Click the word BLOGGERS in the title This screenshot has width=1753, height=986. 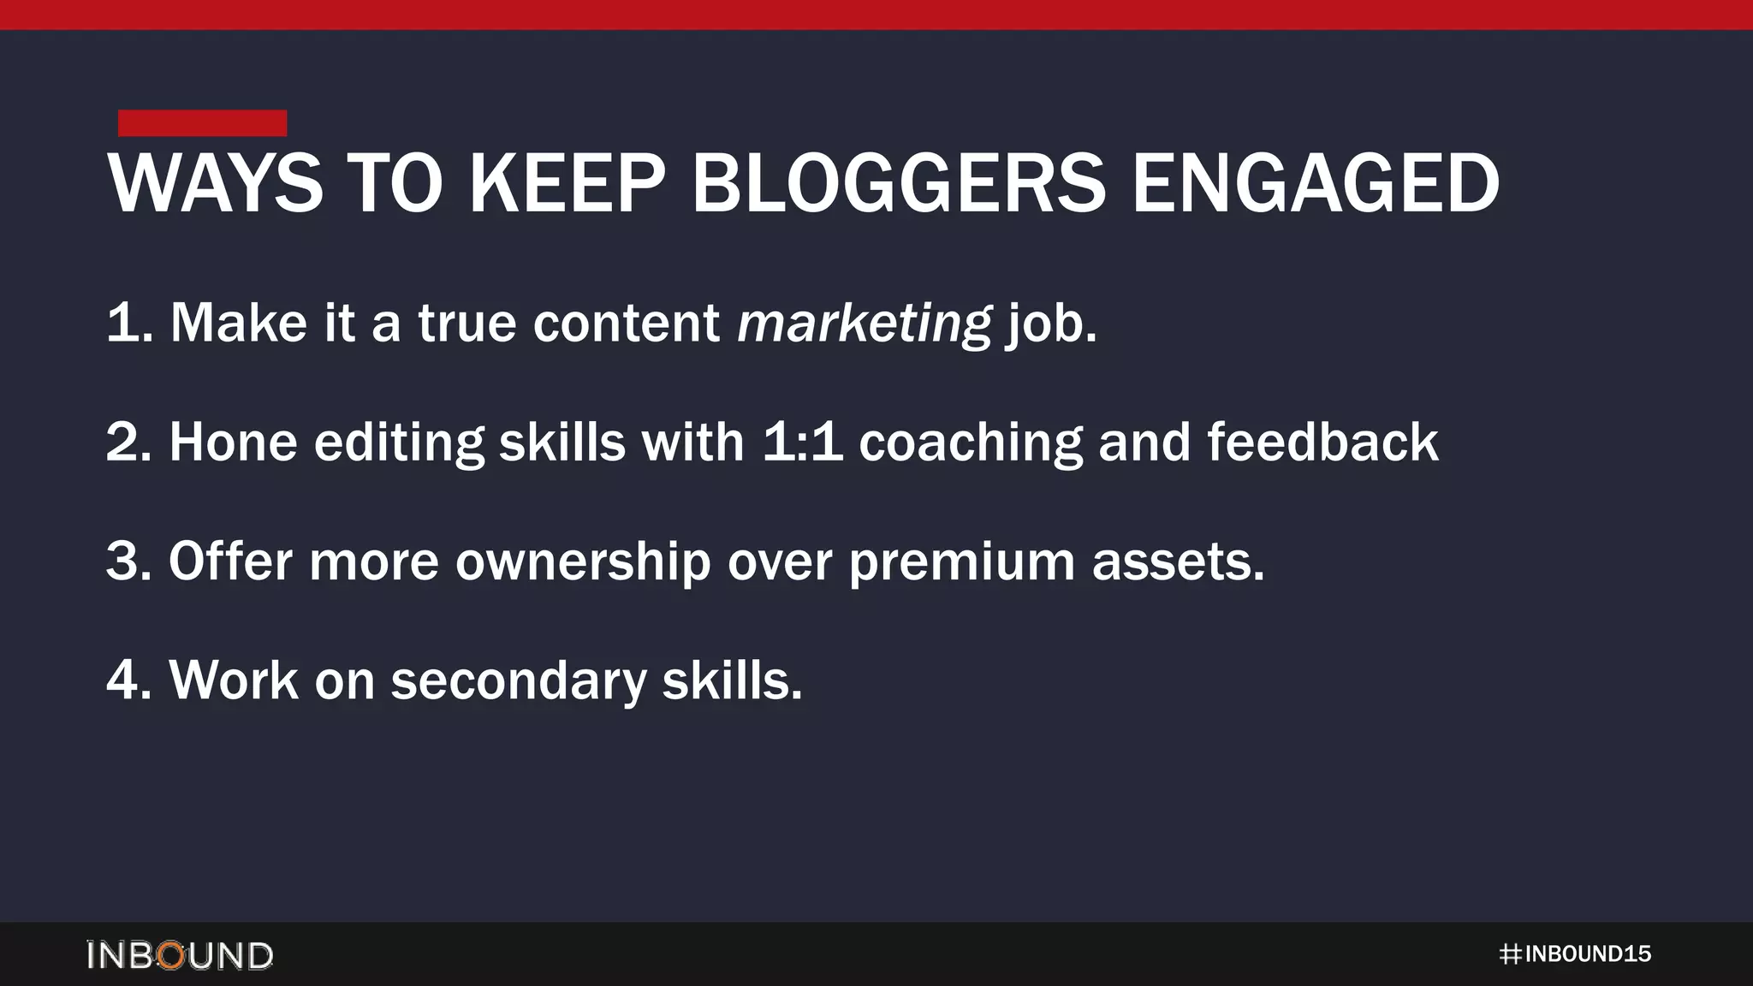(x=899, y=183)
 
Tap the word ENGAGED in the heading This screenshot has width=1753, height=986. (x=1316, y=183)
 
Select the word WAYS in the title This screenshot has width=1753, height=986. (x=215, y=183)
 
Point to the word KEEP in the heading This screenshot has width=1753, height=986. (x=567, y=183)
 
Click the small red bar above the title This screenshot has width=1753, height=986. (x=202, y=122)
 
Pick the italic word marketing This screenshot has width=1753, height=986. (x=865, y=324)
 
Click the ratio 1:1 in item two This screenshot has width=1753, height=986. (x=802, y=443)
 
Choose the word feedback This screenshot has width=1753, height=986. (x=1322, y=443)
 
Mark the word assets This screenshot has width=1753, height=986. (x=1178, y=561)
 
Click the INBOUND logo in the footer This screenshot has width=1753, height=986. (x=180, y=955)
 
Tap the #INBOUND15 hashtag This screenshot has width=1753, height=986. (x=1575, y=954)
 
